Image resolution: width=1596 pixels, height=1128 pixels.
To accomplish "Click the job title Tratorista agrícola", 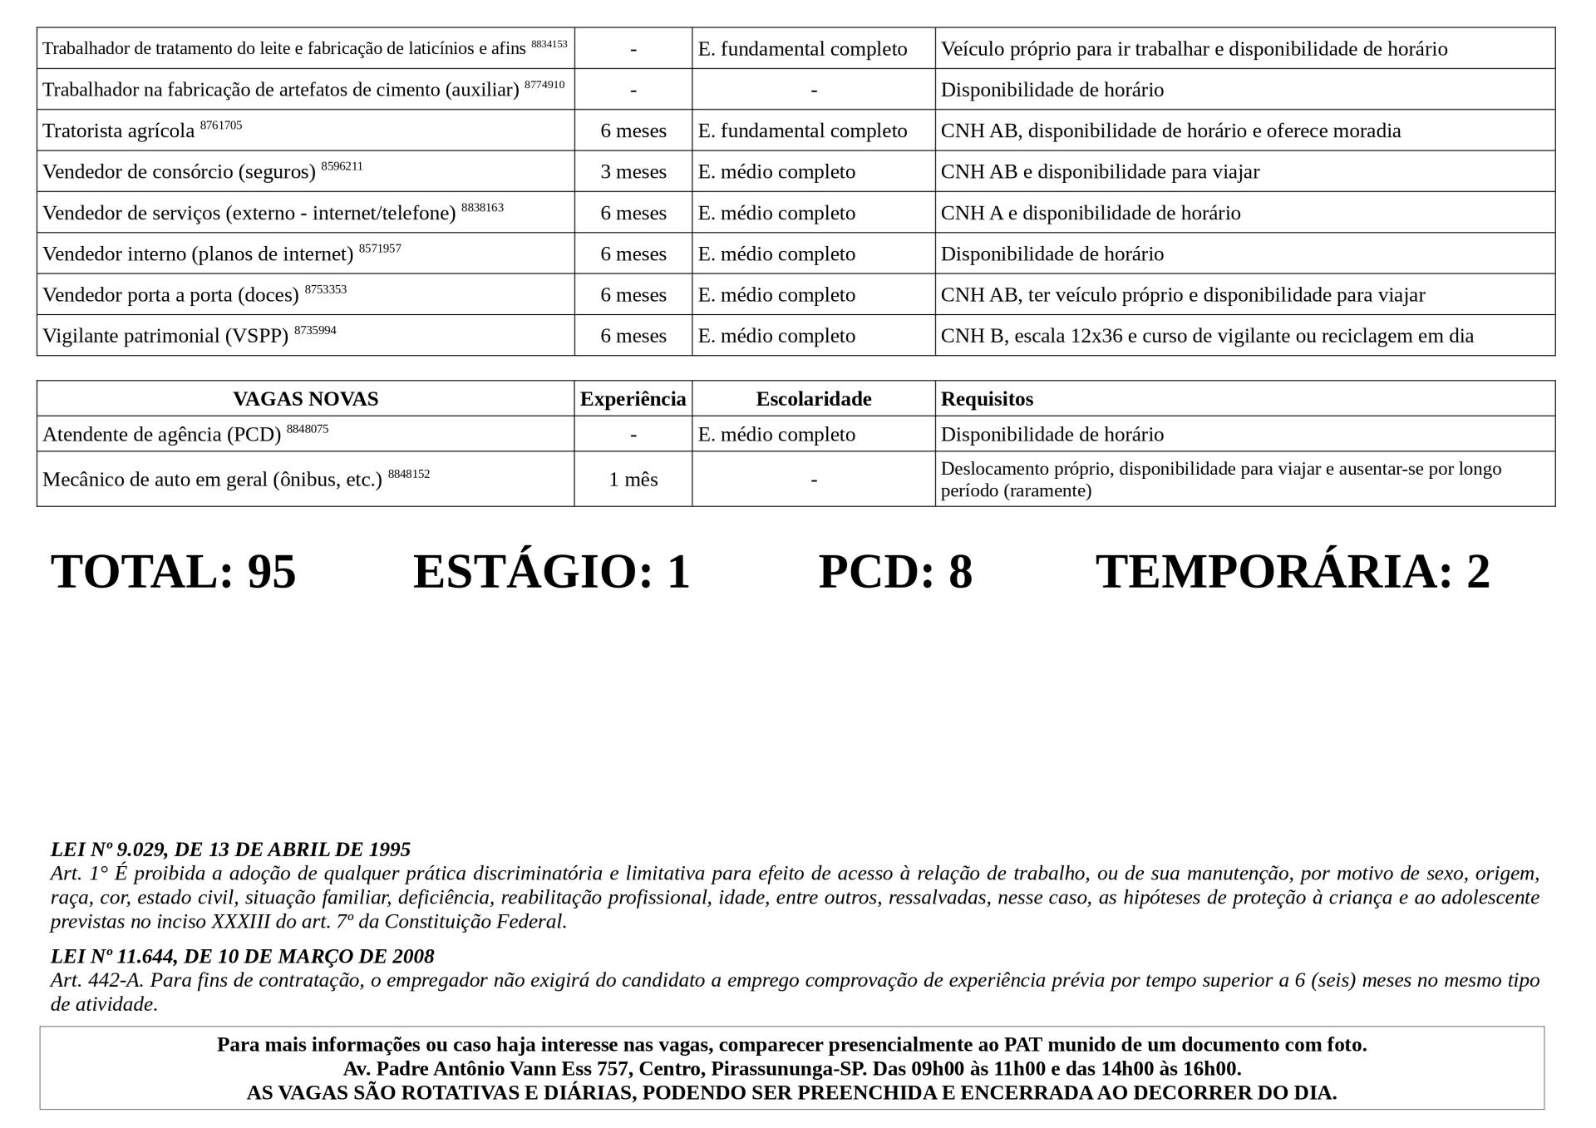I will pyautogui.click(x=118, y=131).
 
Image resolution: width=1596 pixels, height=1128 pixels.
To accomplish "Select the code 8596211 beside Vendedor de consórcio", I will pyautogui.click(x=342, y=166).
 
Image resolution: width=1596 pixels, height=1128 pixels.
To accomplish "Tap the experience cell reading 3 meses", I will pyautogui.click(x=633, y=172).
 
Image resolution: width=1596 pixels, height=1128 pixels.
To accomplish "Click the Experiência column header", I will pyautogui.click(x=633, y=399).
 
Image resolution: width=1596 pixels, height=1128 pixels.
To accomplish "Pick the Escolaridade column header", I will pyautogui.click(x=813, y=399).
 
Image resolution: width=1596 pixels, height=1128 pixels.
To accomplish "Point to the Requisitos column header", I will pyautogui.click(x=987, y=399).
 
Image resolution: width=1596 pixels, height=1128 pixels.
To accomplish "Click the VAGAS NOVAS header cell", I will pyautogui.click(x=305, y=399).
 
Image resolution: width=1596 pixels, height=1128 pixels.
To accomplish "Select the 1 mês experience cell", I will pyautogui.click(x=633, y=480).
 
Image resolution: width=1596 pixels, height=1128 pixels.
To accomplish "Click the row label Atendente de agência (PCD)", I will pyautogui.click(x=161, y=435).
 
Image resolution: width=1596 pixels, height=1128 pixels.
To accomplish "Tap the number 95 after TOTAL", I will pyautogui.click(x=272, y=572).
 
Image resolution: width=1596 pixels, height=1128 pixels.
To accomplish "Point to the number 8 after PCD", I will pyautogui.click(x=960, y=572).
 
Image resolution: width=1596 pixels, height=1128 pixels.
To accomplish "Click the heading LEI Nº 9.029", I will pyautogui.click(x=230, y=850).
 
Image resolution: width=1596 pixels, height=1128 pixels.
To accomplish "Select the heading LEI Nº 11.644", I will pyautogui.click(x=242, y=956).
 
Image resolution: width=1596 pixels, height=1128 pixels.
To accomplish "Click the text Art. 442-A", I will pyautogui.click(x=96, y=980).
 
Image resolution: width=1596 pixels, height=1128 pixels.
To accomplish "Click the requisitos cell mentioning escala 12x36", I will pyautogui.click(x=1207, y=336).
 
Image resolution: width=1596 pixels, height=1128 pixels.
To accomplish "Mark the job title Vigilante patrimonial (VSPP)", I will pyautogui.click(x=165, y=337).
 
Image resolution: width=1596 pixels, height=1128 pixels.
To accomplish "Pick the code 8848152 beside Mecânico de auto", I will pyautogui.click(x=409, y=475).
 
